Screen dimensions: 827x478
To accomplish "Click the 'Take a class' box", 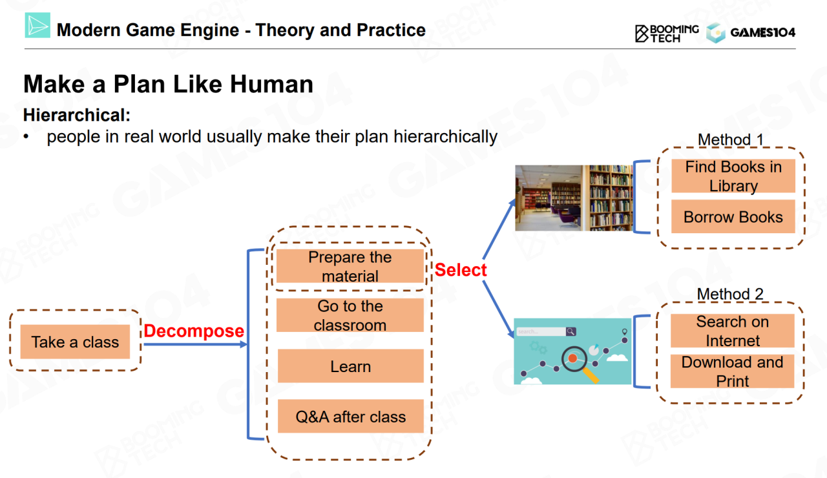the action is point(75,342).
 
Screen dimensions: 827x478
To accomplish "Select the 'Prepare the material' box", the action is point(350,266).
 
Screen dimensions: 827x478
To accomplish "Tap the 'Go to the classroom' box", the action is point(350,315).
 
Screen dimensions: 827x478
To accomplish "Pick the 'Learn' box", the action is point(351,366).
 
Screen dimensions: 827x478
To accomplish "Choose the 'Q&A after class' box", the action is point(351,416).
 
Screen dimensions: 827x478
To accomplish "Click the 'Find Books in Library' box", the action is point(733,176).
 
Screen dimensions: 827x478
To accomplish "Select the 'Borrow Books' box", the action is point(733,216).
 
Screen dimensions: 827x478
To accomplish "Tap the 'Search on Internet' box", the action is point(733,331).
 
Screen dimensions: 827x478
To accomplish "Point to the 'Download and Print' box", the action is point(733,371).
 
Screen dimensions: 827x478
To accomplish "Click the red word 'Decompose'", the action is point(194,331).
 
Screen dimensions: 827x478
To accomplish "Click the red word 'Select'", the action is point(461,270).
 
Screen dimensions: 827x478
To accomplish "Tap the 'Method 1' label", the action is point(730,140).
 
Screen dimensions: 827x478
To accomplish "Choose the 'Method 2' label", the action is point(730,294).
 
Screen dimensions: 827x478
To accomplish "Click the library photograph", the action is point(574,198).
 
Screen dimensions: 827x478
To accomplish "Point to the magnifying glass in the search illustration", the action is point(579,363).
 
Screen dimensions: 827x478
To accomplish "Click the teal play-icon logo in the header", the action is point(37,25).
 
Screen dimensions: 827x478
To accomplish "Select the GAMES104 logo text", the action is point(763,32).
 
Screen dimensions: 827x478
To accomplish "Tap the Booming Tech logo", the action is point(666,34).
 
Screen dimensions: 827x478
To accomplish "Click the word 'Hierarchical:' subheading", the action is point(77,115).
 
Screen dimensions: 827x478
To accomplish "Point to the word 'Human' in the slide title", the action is point(271,84).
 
